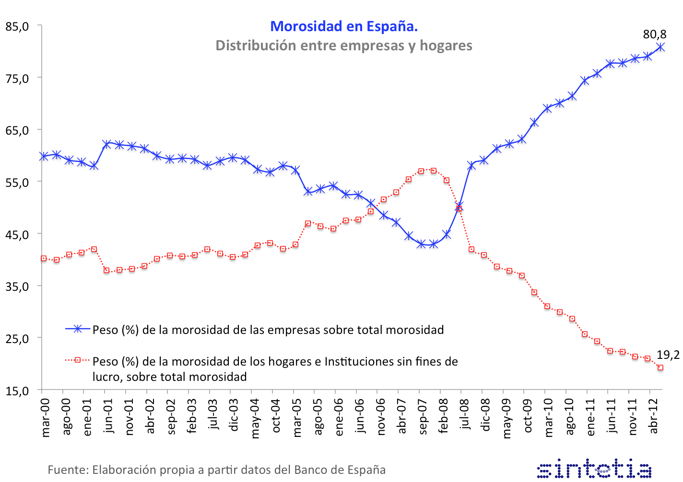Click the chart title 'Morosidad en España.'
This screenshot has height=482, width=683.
coord(344,26)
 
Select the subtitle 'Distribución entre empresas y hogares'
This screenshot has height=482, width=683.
coord(344,46)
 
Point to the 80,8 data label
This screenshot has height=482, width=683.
coord(655,34)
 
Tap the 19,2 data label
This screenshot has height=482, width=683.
coord(668,355)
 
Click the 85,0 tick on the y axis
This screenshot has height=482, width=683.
coord(17,26)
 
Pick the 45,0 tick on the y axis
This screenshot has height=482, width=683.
coord(17,234)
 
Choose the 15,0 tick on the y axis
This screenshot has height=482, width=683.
coord(17,390)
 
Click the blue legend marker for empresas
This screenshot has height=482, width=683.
coord(78,329)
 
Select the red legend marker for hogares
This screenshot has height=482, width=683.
coord(78,360)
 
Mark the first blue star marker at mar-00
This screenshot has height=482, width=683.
coord(44,156)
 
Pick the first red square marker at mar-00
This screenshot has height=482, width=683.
coord(44,258)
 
